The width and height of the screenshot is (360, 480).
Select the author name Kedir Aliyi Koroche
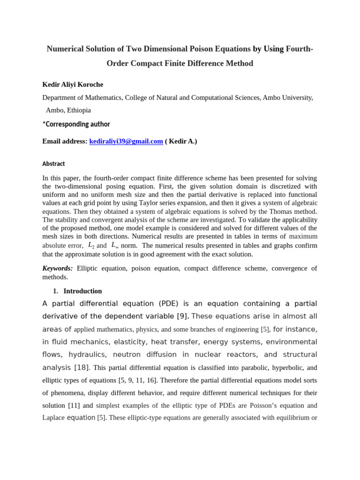pyautogui.click(x=73, y=84)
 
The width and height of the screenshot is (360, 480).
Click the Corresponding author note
pyautogui.click(x=76, y=124)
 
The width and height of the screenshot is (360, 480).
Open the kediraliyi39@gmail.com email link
pyautogui.click(x=126, y=141)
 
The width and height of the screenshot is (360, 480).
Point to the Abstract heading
pyautogui.click(x=53, y=164)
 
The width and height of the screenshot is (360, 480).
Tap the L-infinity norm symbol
pyautogui.click(x=115, y=245)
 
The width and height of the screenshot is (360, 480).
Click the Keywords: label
pyautogui.click(x=58, y=268)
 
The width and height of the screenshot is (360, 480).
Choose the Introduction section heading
pyautogui.click(x=82, y=291)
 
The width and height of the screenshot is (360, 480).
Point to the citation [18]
pyautogui.click(x=82, y=367)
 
